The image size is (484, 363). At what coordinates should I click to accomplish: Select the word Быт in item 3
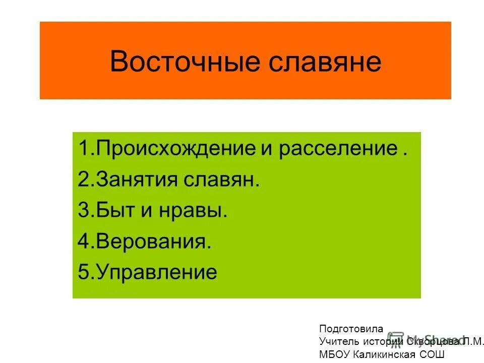[x=118, y=210]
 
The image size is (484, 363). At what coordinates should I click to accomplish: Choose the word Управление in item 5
[x=156, y=272]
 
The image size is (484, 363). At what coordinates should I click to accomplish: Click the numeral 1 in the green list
[x=83, y=149]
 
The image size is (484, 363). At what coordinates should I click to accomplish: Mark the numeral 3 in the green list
[x=83, y=210]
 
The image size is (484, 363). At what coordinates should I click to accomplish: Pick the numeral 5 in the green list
[x=83, y=272]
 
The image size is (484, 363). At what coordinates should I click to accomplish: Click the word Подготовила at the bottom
[x=351, y=329]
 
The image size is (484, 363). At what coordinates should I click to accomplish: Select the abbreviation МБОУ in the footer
[x=333, y=354]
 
